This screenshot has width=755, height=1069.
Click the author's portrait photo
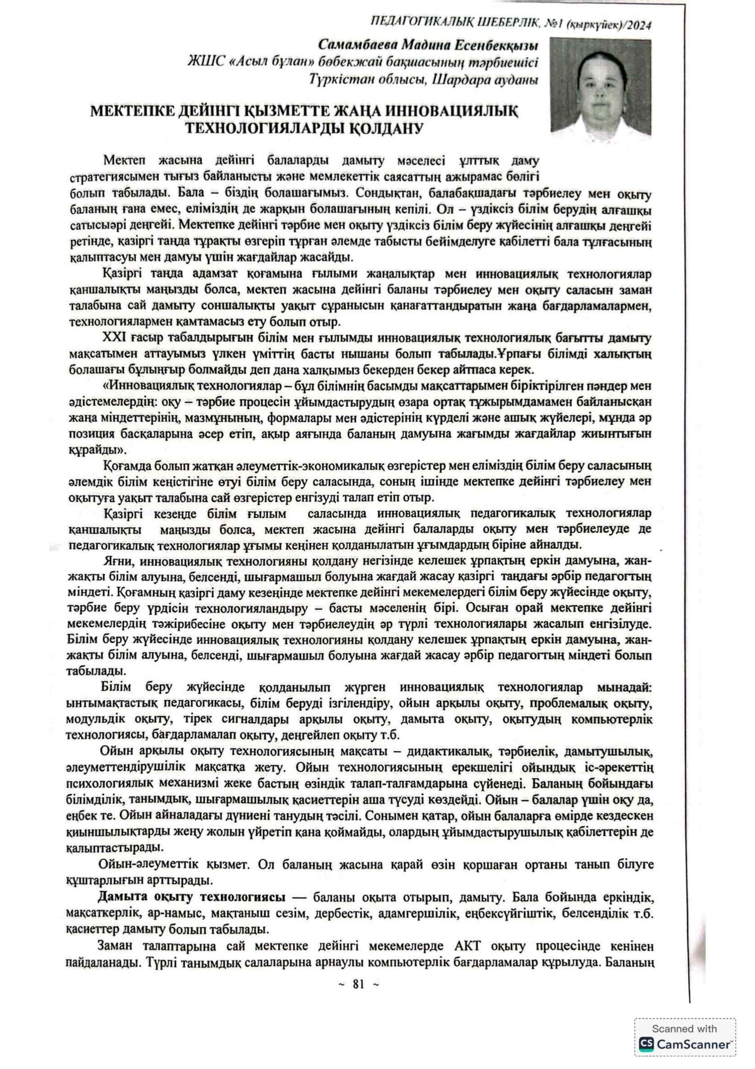pyautogui.click(x=600, y=85)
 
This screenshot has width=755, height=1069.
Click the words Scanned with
pyautogui.click(x=684, y=1028)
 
